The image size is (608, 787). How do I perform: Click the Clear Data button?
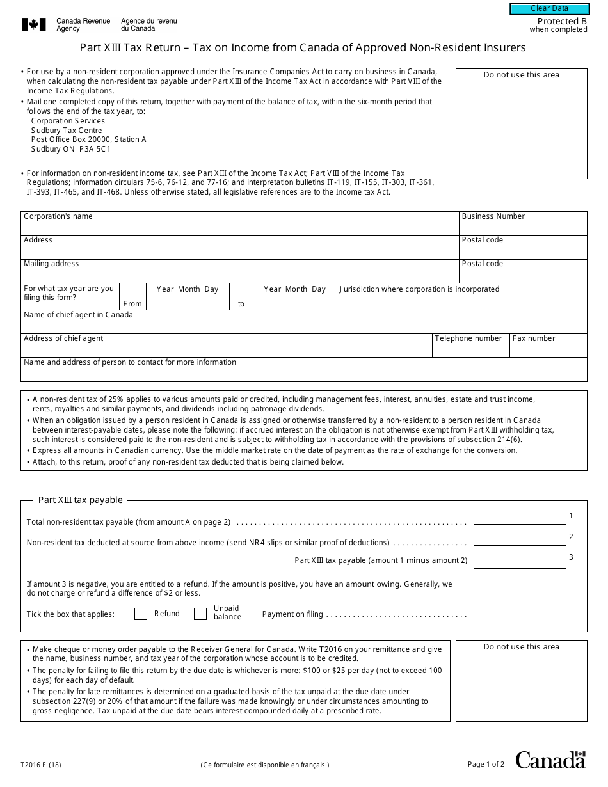pyautogui.click(x=549, y=9)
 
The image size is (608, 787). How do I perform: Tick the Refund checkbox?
pyautogui.click(x=141, y=614)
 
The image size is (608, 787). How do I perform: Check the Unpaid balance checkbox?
pyautogui.click(x=200, y=614)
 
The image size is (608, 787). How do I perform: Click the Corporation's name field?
pyautogui.click(x=240, y=227)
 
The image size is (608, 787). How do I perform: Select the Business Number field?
pyautogui.click(x=523, y=227)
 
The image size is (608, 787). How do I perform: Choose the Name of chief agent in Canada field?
pyautogui.click(x=304, y=325)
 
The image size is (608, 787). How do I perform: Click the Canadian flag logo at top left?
pyautogui.click(x=34, y=25)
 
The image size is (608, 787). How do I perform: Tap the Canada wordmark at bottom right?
pyautogui.click(x=550, y=760)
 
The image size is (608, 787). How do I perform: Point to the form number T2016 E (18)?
pyautogui.click(x=41, y=765)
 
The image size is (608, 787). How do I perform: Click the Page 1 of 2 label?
pyautogui.click(x=486, y=764)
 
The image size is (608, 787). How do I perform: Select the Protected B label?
pyautogui.click(x=562, y=21)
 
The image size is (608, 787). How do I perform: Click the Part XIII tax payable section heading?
pyautogui.click(x=80, y=500)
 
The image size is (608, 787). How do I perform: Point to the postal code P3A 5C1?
pyautogui.click(x=95, y=149)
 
